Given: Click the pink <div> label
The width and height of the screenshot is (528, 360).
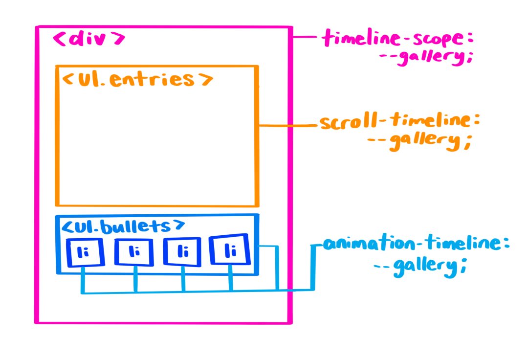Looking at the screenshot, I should pyautogui.click(x=89, y=40).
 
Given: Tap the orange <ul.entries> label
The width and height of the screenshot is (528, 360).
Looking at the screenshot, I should pyautogui.click(x=137, y=80).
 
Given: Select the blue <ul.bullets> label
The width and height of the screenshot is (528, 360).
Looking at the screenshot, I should pyautogui.click(x=123, y=226).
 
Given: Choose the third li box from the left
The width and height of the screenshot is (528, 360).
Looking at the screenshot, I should pyautogui.click(x=182, y=252).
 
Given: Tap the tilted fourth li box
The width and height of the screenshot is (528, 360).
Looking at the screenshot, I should pyautogui.click(x=230, y=250).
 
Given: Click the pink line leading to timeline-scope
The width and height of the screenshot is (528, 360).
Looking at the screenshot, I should pyautogui.click(x=307, y=37).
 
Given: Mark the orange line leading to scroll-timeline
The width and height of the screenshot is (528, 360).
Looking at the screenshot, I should pyautogui.click(x=288, y=126).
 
